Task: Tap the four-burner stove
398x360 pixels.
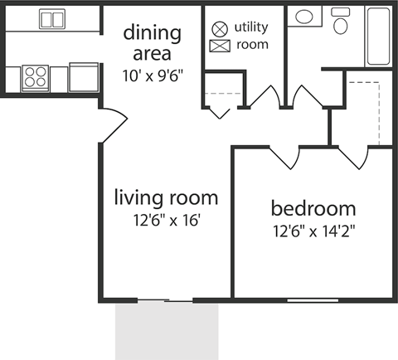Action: coord(36,77)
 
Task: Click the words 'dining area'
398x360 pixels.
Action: coord(152,43)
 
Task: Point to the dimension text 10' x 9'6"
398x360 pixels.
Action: coord(152,75)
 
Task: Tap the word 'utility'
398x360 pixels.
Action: coord(251,27)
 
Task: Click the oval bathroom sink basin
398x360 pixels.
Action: coord(304,15)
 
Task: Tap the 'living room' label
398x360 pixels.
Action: coord(166,198)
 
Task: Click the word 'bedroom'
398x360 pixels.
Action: coord(313,208)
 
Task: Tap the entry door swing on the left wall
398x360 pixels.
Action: coord(110,124)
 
